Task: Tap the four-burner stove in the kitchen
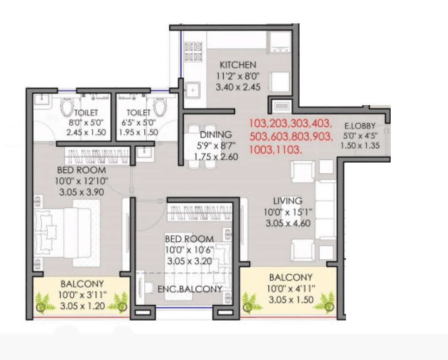pos(193,52)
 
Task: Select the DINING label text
pos(215,135)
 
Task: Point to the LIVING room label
pos(287,201)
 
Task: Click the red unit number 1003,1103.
pos(276,150)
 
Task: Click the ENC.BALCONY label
pos(189,289)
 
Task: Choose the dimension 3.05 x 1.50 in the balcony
pos(290,300)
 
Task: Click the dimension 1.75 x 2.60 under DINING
pos(215,157)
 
